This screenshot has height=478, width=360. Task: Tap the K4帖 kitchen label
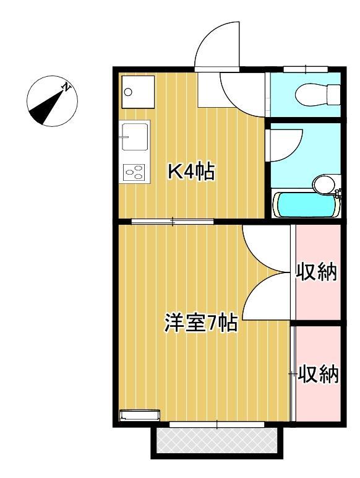[191, 172]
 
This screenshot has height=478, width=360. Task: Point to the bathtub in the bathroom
[306, 204]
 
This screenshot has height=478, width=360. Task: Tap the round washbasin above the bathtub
[323, 183]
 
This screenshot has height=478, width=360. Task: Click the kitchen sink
[135, 136]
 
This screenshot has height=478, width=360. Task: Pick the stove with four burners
[134, 171]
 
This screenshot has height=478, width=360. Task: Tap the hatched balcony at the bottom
[216, 441]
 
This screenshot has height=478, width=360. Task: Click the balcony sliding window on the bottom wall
[216, 424]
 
